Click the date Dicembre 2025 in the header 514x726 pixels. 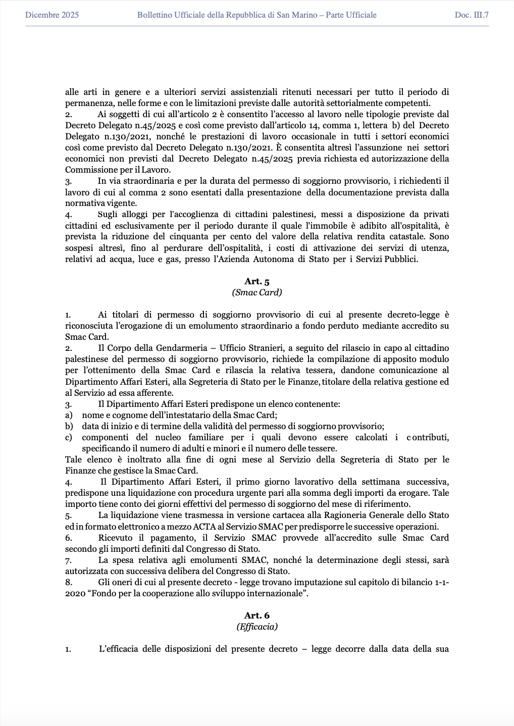click(x=52, y=15)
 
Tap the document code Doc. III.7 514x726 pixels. click(x=472, y=15)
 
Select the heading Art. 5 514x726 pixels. click(x=257, y=282)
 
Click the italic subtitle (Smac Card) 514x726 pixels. click(x=257, y=292)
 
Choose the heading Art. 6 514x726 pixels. click(x=257, y=615)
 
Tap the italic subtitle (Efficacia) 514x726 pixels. click(x=257, y=627)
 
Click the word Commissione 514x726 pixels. click(x=88, y=170)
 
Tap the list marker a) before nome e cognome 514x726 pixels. click(x=69, y=415)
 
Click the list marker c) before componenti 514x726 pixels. click(x=69, y=437)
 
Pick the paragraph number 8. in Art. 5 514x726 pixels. click(x=69, y=582)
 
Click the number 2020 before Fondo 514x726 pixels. click(x=75, y=594)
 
